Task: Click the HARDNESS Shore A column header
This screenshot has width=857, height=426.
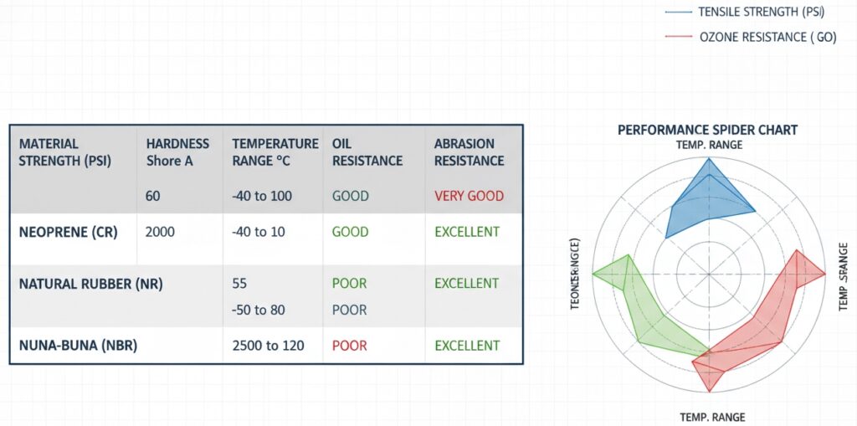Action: (177, 151)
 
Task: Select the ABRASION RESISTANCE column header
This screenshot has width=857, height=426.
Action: (469, 151)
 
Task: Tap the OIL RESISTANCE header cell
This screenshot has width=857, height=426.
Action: (367, 151)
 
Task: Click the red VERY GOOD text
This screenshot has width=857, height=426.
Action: (469, 196)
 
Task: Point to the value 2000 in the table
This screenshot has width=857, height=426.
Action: (160, 232)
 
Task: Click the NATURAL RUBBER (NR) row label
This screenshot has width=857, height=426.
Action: (90, 284)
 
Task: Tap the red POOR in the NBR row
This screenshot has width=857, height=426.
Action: (349, 345)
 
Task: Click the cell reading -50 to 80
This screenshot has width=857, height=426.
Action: (259, 310)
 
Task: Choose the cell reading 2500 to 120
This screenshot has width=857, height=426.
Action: (269, 345)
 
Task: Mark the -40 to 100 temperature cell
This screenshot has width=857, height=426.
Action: (262, 196)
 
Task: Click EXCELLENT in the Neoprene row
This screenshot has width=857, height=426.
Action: (466, 232)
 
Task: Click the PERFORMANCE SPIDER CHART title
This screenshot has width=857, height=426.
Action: (707, 130)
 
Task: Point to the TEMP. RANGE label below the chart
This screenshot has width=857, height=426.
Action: (711, 416)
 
